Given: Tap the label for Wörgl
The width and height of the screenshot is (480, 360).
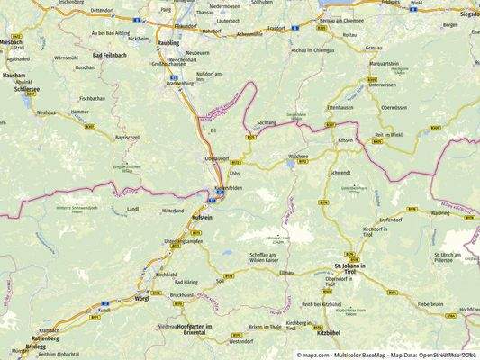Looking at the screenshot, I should point(140,297).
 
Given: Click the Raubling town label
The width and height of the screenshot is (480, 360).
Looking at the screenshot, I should point(168,42).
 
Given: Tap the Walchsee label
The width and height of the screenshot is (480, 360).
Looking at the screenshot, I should point(298,156).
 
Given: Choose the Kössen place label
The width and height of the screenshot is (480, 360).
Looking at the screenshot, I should point(346,141).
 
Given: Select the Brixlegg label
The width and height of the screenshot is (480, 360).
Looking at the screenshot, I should point(35,346).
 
